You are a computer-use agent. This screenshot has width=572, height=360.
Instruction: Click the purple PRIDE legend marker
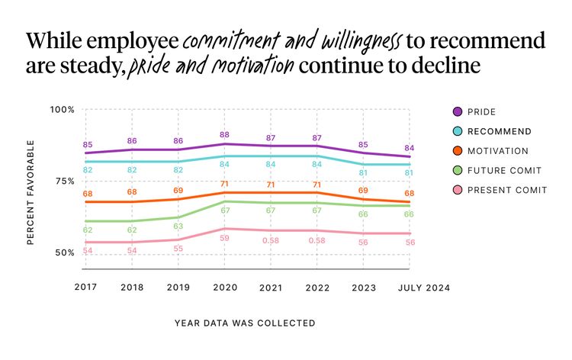point(457,111)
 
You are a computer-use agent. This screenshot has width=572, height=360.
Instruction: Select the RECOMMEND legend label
point(499,131)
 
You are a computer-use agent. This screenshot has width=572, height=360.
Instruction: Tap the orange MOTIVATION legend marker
point(457,151)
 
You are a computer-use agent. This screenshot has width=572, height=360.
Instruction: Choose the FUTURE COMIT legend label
point(504,171)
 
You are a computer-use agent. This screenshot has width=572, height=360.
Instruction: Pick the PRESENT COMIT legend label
point(506,190)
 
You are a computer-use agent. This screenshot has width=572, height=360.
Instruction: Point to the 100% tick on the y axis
point(63,109)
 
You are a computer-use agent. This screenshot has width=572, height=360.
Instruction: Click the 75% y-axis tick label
point(64,181)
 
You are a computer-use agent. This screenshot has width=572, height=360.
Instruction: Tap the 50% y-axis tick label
point(64,252)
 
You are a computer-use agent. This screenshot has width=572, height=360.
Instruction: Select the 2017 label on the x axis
point(86,288)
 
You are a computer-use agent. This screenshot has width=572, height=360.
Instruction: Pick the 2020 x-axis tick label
point(225,288)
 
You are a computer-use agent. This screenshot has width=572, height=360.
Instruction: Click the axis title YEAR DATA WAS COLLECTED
point(245,323)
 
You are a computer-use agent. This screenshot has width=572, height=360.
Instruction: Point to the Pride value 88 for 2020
point(225,135)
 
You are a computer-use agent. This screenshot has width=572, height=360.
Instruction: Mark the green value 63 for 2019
point(178,227)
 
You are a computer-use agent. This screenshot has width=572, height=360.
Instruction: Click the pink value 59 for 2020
point(225,238)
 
